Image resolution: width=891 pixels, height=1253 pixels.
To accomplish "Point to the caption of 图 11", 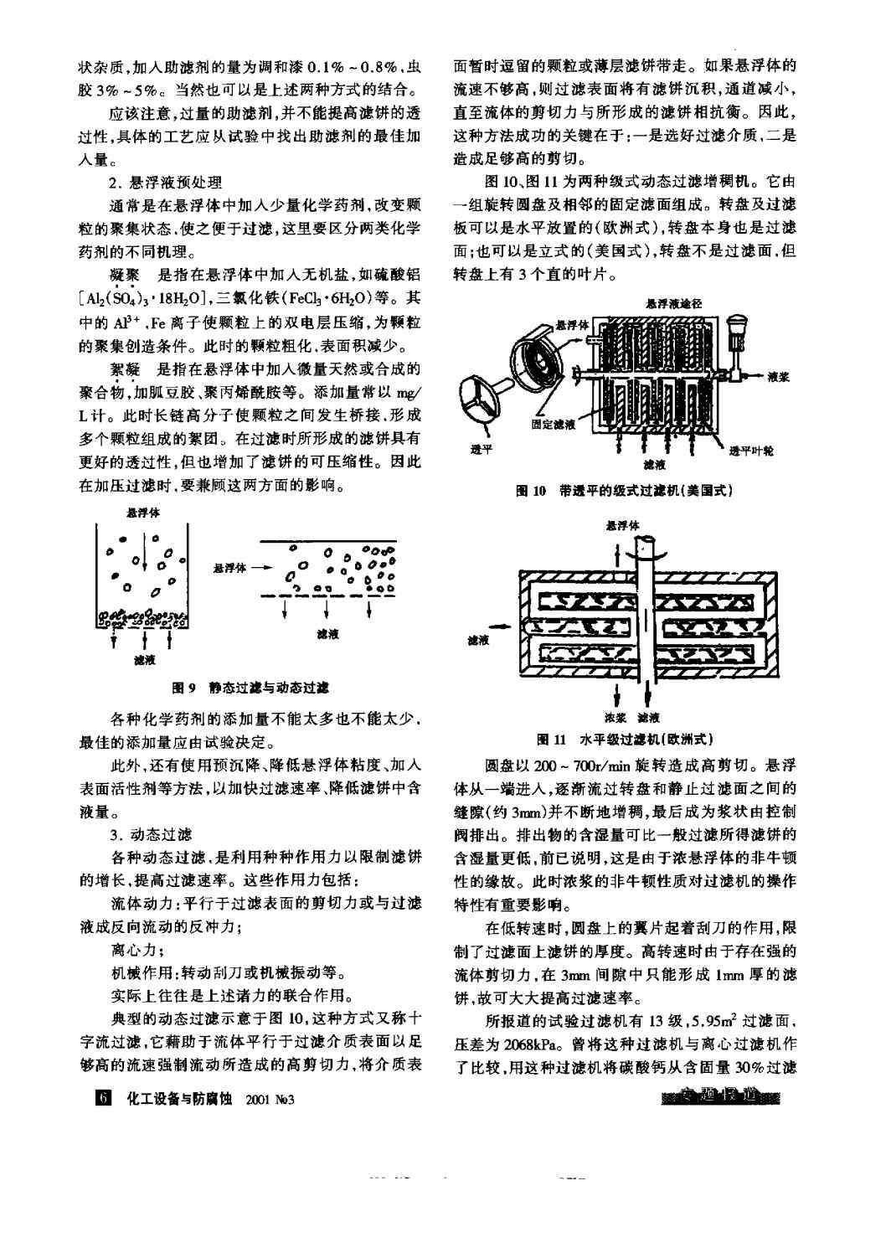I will [x=625, y=739].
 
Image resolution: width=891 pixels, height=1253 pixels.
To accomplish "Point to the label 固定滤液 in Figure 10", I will [x=553, y=425].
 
